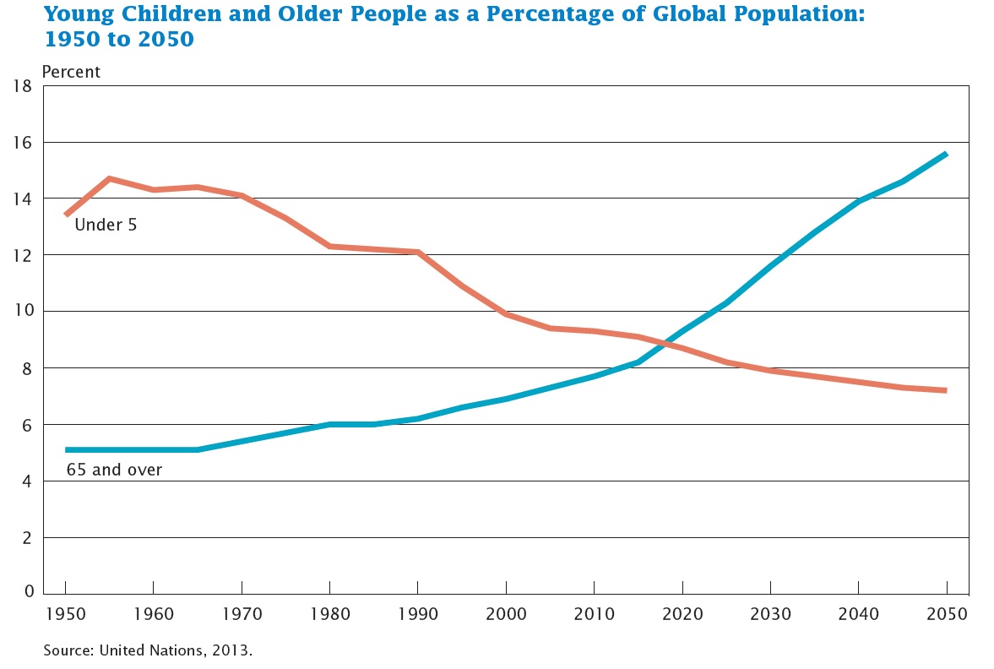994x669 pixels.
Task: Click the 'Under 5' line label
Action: click(106, 226)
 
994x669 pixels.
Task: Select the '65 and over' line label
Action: click(114, 470)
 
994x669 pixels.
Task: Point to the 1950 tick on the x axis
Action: click(65, 612)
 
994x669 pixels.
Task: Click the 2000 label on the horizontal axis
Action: click(506, 612)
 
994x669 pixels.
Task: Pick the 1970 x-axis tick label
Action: click(242, 612)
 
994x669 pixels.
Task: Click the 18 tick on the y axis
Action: click(23, 85)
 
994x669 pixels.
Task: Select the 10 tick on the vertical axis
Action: click(23, 311)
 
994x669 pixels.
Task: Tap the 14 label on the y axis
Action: click(23, 199)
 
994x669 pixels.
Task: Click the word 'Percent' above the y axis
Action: click(71, 72)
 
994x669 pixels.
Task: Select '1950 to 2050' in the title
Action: click(119, 39)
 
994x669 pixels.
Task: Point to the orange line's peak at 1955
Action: click(109, 178)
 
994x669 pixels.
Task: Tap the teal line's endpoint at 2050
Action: click(946, 154)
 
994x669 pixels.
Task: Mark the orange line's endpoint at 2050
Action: click(946, 390)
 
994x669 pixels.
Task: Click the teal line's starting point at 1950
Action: click(66, 449)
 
